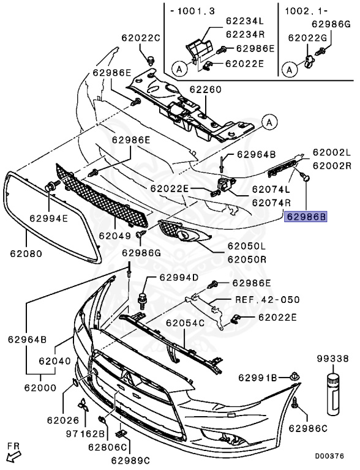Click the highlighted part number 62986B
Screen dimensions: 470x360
(x=307, y=216)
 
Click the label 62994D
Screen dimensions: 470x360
(x=179, y=277)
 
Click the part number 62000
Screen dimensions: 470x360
(x=41, y=388)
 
